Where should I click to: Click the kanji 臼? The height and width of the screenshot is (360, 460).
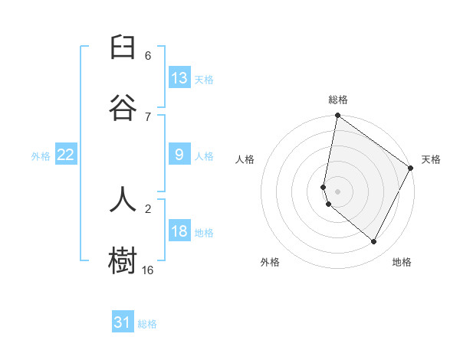pyautogui.click(x=123, y=48)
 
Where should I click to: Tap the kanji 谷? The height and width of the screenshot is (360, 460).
pyautogui.click(x=123, y=108)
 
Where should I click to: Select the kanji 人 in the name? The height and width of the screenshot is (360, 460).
pyautogui.click(x=123, y=200)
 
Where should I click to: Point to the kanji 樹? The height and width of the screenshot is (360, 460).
pyautogui.click(x=123, y=260)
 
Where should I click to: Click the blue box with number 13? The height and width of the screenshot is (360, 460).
pyautogui.click(x=179, y=78)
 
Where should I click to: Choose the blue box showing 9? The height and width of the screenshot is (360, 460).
pyautogui.click(x=179, y=155)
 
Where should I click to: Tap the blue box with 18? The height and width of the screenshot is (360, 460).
pyautogui.click(x=179, y=231)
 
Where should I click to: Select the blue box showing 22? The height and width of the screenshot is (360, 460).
pyautogui.click(x=66, y=155)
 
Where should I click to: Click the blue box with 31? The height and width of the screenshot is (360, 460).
pyautogui.click(x=123, y=322)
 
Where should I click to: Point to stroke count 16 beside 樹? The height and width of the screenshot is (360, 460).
pyautogui.click(x=148, y=270)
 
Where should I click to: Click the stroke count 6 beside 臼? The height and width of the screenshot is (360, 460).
pyautogui.click(x=148, y=56)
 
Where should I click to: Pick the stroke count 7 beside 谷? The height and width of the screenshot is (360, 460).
pyautogui.click(x=148, y=116)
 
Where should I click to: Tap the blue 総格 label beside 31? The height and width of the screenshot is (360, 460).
pyautogui.click(x=147, y=324)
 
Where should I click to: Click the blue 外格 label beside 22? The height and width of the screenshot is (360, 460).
pyautogui.click(x=41, y=156)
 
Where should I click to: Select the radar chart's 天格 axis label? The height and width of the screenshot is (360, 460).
pyautogui.click(x=431, y=159)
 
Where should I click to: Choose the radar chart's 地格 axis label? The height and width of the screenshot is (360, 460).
pyautogui.click(x=402, y=262)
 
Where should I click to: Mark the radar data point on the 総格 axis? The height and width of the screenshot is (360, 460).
pyautogui.click(x=337, y=116)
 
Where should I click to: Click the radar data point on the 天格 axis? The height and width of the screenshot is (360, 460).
pyautogui.click(x=411, y=169)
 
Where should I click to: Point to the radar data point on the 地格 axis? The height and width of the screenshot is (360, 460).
pyautogui.click(x=374, y=241)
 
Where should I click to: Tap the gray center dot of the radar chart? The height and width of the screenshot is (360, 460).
pyautogui.click(x=337, y=191)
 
